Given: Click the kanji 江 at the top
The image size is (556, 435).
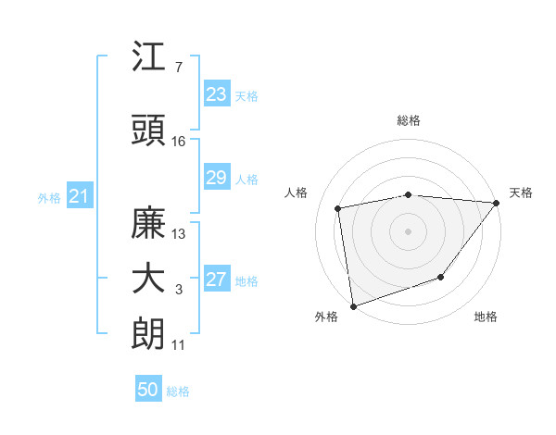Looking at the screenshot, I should click(148, 57).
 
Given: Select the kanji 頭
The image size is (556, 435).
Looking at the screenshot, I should click(148, 130).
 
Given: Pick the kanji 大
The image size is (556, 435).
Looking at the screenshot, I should click(148, 279).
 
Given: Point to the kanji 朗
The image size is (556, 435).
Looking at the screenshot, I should click(148, 334).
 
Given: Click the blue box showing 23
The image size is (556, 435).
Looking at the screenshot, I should click(216, 94).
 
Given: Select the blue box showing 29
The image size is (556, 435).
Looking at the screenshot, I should click(216, 178).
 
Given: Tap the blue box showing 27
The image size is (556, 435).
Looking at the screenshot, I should click(216, 280).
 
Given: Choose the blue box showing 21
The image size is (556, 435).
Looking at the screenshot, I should click(79, 196).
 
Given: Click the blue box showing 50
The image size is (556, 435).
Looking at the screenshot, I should click(148, 390).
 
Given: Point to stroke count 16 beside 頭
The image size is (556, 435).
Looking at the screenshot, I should click(179, 142).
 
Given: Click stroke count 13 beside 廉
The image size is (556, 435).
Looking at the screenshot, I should click(179, 234).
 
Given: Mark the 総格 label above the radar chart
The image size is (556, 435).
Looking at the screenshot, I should click(409, 120).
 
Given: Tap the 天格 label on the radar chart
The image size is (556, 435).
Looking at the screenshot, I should click(521, 193).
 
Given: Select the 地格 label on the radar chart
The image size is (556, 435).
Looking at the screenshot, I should click(486, 317).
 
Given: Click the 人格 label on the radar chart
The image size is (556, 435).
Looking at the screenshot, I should click(297, 193).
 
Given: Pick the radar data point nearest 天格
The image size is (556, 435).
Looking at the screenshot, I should click(498, 202).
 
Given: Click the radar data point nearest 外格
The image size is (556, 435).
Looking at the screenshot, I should click(353, 305).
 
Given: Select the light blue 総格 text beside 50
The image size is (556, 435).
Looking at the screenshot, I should click(178, 391).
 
